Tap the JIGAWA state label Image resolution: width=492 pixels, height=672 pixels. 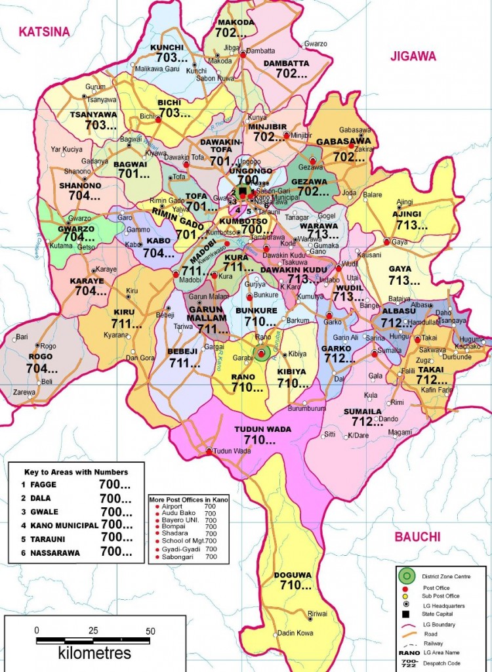click(413, 56)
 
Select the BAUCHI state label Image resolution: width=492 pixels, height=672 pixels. click(417, 537)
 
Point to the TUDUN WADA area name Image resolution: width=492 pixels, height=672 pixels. click(262, 429)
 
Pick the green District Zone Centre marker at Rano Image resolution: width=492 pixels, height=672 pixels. click(262, 354)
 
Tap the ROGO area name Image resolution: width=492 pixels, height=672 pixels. click(41, 358)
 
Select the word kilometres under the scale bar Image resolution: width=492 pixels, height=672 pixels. click(94, 653)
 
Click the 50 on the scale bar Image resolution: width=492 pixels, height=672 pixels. click(150, 631)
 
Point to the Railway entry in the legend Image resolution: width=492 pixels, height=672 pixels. click(433, 625)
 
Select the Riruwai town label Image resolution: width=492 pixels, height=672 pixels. click(317, 614)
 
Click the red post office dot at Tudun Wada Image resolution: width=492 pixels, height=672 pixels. click(209, 451)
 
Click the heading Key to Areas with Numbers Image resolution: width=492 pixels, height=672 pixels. click(76, 471)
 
